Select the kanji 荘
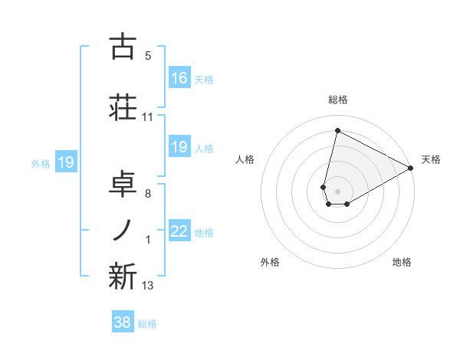[x=122, y=106]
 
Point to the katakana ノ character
[x=122, y=230]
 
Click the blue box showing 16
[x=179, y=78]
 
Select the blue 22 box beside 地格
[x=179, y=232]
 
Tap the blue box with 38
[x=122, y=322]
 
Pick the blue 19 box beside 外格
[x=66, y=162]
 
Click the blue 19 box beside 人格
[x=179, y=147]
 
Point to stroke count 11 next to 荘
[x=148, y=117]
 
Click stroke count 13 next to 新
[x=148, y=286]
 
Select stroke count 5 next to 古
[x=148, y=56]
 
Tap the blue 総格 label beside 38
[x=147, y=324]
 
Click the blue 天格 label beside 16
[x=204, y=79]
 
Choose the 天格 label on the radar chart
[x=431, y=159]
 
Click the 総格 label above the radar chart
[x=338, y=100]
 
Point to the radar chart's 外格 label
[x=270, y=262]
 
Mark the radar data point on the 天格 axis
[x=411, y=169]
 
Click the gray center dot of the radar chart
[x=337, y=191]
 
